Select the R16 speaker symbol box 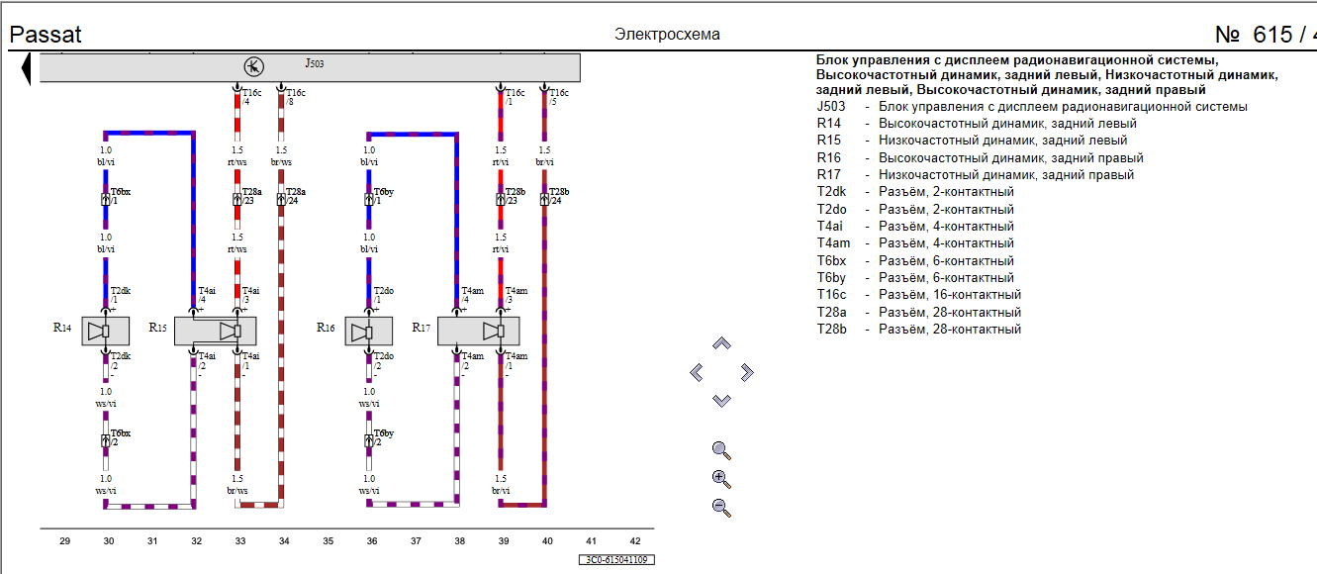tap(369, 332)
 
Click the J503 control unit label tap(314, 63)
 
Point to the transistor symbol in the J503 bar tap(253, 67)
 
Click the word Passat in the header tap(46, 35)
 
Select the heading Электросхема tap(667, 35)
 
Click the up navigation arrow tap(722, 343)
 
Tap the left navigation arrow tap(697, 372)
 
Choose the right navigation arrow tap(747, 372)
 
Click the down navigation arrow tap(722, 401)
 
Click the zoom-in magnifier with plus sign tap(721, 480)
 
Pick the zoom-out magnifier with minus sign tap(721, 509)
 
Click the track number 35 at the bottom tap(328, 541)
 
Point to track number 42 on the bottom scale tap(634, 541)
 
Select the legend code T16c tap(831, 295)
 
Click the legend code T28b tap(831, 330)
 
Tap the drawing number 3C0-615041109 tap(615, 560)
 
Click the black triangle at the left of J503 tap(27, 68)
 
